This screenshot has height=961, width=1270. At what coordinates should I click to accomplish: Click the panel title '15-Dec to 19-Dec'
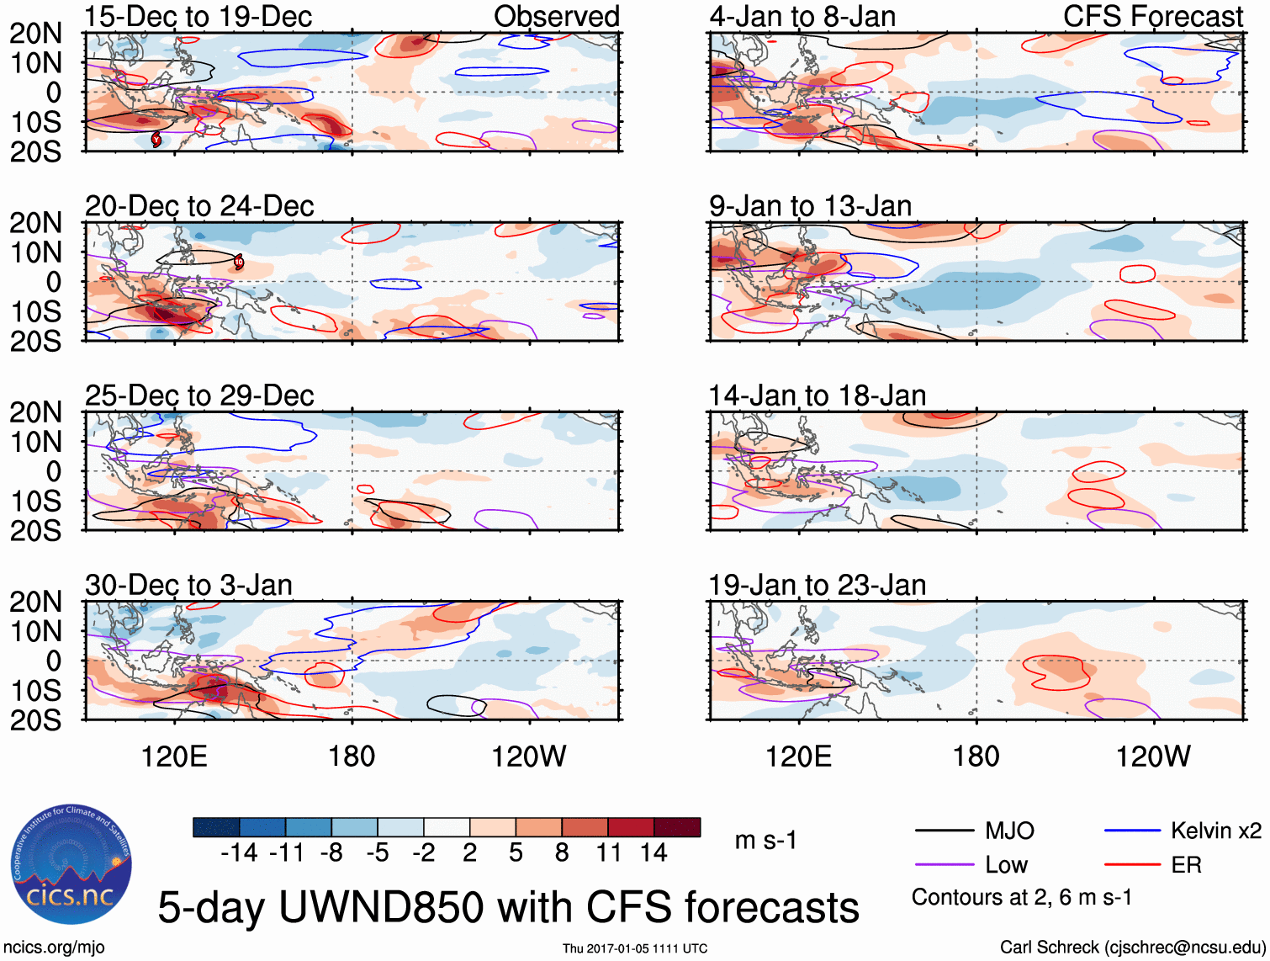coord(198,17)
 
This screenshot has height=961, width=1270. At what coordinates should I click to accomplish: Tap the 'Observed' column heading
coord(556,17)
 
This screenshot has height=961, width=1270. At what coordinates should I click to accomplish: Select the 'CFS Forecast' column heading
coord(1152,17)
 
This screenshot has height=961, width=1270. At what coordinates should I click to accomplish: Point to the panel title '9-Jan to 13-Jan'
coord(810,206)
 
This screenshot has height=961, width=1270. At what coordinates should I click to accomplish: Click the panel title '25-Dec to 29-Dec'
coord(199,396)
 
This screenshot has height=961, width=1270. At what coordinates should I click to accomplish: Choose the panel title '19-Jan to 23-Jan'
coord(817,585)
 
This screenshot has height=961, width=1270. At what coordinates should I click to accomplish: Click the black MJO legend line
coord(944,831)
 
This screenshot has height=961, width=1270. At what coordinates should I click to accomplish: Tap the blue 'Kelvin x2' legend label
coord(1215,831)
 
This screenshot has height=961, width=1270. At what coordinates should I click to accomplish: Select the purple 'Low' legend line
coord(944,865)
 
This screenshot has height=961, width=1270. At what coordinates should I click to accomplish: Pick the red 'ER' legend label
coord(1186,865)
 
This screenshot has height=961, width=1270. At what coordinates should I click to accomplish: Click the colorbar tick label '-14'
coord(239,853)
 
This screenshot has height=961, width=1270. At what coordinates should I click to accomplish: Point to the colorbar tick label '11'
coord(608,853)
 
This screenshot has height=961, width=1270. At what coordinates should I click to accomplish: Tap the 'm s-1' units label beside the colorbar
coord(765,841)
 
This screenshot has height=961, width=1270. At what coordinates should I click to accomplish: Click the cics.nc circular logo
coord(71,864)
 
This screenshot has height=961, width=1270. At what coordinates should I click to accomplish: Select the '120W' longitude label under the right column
coord(1152,757)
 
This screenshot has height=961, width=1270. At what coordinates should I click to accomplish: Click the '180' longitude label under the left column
coord(352,757)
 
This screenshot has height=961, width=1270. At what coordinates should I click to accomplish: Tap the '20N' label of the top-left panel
coord(35,34)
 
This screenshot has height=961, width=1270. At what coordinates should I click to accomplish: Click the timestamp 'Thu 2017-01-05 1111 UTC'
coord(635,948)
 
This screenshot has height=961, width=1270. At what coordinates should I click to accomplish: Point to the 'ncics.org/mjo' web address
coord(54,948)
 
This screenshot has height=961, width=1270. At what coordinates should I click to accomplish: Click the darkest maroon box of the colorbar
coord(677,827)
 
